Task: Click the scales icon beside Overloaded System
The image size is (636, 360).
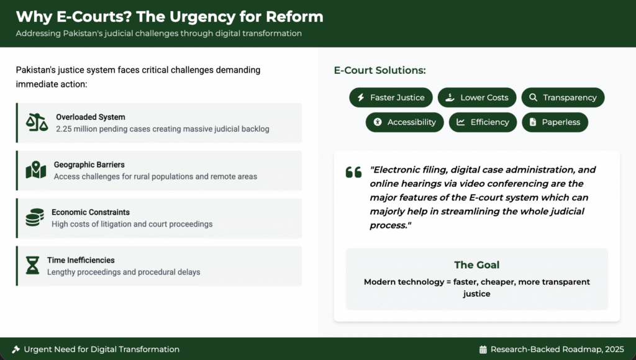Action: click(37, 122)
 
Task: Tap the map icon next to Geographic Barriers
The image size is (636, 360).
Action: click(35, 170)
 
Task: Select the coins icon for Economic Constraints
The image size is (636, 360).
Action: click(35, 217)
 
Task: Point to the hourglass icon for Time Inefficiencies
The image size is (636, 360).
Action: click(32, 265)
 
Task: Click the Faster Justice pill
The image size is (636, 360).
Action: click(391, 97)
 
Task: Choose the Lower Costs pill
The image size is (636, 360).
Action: click(477, 97)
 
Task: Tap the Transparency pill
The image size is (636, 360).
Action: click(563, 97)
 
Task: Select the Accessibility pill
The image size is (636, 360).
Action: click(405, 122)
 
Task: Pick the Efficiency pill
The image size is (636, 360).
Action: click(483, 122)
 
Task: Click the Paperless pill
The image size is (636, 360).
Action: click(555, 122)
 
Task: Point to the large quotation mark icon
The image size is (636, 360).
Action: click(353, 172)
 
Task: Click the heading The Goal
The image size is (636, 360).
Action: click(476, 265)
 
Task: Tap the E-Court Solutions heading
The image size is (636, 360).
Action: click(379, 70)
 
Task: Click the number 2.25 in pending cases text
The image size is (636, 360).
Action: click(64, 129)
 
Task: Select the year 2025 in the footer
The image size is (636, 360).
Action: click(614, 349)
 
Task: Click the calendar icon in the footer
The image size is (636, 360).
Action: click(483, 349)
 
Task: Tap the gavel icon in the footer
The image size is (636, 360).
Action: click(16, 349)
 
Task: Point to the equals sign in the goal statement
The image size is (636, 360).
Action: click(448, 282)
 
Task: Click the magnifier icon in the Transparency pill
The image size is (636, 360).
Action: click(533, 97)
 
